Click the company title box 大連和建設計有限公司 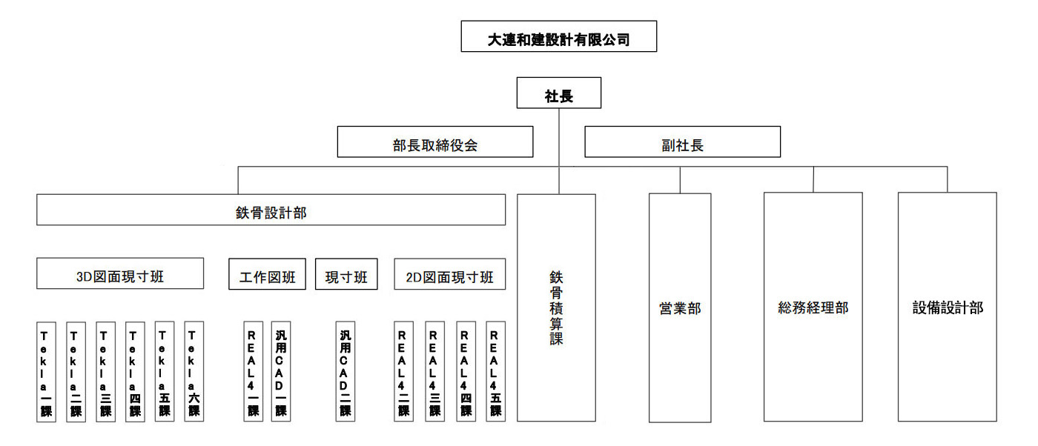coord(558,36)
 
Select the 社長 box coord(558,93)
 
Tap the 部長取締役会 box coord(435,142)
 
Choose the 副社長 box coord(682,142)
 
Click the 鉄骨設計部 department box coord(271,210)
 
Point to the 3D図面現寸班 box coord(120,273)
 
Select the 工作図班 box coord(267,274)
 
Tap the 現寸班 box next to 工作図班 coord(346,274)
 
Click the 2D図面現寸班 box coord(449,274)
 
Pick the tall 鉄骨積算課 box coord(556,307)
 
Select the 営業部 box coord(680,307)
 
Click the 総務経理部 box coord(813,307)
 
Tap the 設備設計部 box coord(947,307)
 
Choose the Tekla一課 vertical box coord(46,371)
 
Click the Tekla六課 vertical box coord(194,371)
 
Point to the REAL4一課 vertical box coord(253,371)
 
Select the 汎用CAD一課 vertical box coord(281,371)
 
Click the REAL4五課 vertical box coord(495,371)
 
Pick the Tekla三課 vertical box coord(105,371)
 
